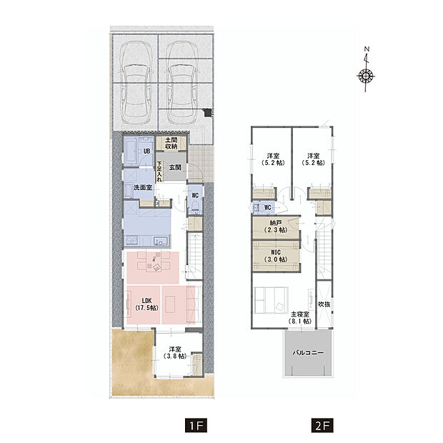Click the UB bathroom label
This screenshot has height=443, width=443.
[x=146, y=151]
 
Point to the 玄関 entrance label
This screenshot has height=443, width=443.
[x=175, y=167]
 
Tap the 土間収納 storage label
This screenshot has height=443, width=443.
[x=171, y=143]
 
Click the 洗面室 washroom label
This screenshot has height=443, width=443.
[x=143, y=187]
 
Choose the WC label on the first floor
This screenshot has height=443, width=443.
[x=195, y=196]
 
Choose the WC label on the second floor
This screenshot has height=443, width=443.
[x=267, y=208]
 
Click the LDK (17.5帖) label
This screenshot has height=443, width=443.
[x=146, y=304]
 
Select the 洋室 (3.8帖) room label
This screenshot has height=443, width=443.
[x=175, y=352]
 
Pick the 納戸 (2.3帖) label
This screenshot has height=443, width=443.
[x=276, y=227]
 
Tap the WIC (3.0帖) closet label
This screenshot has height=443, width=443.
[x=276, y=256]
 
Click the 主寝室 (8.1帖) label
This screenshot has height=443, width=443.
[x=300, y=318]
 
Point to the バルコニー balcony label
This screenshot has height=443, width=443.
[x=308, y=353]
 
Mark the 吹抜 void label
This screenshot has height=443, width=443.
[x=324, y=304]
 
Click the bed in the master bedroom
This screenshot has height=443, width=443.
[x=272, y=300]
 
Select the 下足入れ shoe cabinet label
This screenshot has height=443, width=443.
[x=159, y=171]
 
